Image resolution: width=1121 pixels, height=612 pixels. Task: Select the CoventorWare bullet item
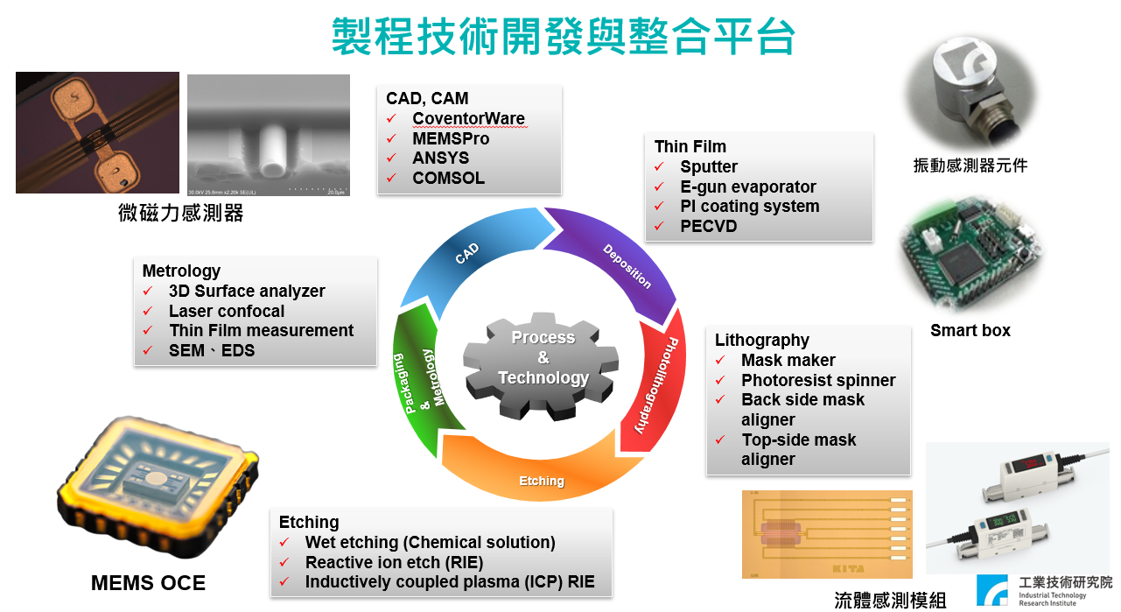pos(468,118)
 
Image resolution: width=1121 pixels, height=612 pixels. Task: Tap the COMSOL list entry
pos(448,179)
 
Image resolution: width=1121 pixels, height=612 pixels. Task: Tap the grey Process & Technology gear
pos(543,358)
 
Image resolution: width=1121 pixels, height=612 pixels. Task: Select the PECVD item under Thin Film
pos(709,227)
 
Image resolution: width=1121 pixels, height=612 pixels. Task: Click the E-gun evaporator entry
pos(747,186)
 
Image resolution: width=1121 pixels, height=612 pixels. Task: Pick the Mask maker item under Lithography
pos(788,360)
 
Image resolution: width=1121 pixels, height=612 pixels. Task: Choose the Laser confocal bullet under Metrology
pos(226,311)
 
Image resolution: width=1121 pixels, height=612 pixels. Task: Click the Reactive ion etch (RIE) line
pos(394,562)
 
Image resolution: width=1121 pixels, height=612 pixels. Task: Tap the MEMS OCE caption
pos(148,583)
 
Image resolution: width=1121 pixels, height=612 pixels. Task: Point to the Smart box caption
pos(970,330)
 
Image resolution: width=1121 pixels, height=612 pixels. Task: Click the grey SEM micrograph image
pos(268,135)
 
